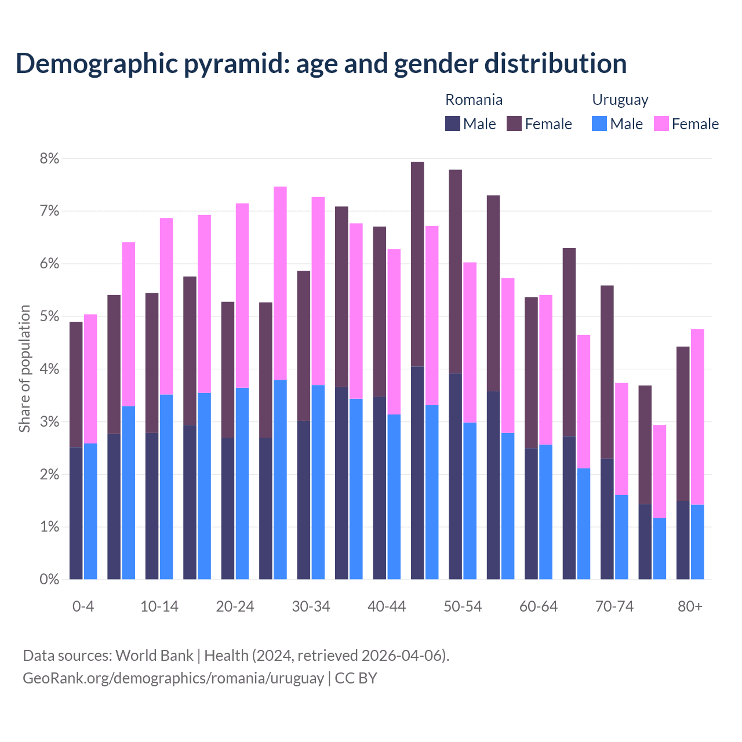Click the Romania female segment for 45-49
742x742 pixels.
coord(417,264)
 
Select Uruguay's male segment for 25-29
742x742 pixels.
coord(280,479)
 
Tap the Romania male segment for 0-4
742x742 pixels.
coord(76,513)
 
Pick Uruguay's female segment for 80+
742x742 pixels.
coord(697,417)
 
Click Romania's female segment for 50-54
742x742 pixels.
coord(455,272)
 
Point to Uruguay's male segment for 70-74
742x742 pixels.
coord(621,537)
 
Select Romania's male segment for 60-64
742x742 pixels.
coord(531,514)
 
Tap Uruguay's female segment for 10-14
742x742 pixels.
coord(166,306)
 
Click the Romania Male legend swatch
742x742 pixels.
coord(453,124)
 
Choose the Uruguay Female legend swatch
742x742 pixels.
coord(661,124)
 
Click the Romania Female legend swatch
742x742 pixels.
coord(514,124)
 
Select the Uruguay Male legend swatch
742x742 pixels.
coord(599,124)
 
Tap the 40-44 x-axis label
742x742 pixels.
coord(387,607)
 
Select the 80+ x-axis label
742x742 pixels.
coord(690,607)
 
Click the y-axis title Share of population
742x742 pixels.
coord(25,369)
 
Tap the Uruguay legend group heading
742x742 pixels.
coord(620,100)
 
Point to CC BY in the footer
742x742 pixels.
coord(356,678)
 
